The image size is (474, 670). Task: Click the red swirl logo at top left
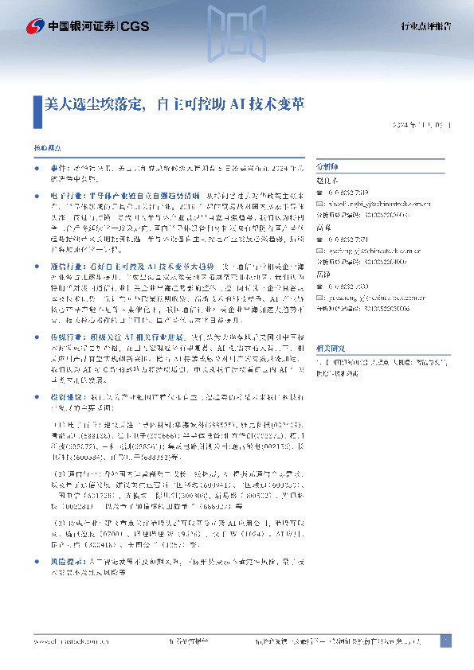34,25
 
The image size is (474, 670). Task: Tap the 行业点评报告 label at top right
425,27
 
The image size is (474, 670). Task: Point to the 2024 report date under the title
420,126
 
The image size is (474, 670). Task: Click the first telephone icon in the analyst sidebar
320,193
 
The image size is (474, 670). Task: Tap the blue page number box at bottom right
445,640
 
